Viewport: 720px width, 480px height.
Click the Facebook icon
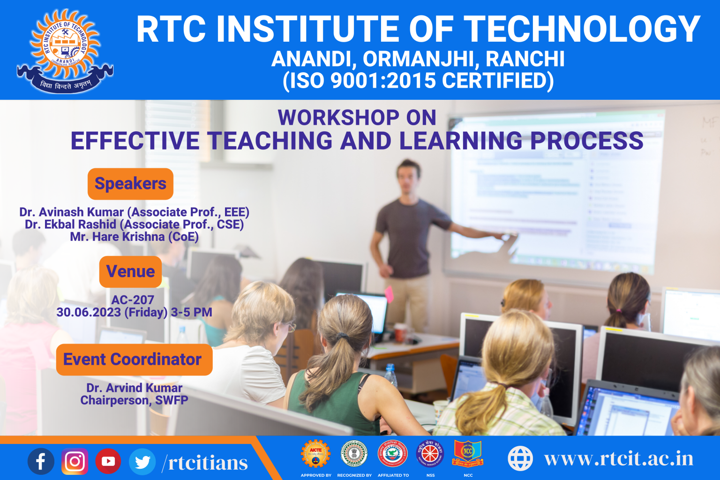[x=41, y=461]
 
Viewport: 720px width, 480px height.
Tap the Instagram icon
[x=75, y=461]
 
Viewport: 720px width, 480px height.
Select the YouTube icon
[x=108, y=461]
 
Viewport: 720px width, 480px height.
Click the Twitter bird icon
[x=142, y=462]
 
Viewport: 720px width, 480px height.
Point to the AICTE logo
[x=315, y=453]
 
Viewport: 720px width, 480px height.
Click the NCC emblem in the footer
[x=468, y=453]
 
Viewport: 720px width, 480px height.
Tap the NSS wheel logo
[x=430, y=453]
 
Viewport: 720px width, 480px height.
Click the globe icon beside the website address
[x=520, y=458]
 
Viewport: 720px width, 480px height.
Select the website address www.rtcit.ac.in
[x=619, y=458]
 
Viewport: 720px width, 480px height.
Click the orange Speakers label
[x=130, y=184]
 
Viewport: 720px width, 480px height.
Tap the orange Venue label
[x=130, y=271]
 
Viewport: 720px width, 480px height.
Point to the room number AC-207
[x=133, y=300]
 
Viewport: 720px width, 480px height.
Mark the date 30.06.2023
[x=89, y=312]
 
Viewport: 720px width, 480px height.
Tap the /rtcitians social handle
[x=205, y=463]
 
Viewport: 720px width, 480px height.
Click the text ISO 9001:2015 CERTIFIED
[x=418, y=81]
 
